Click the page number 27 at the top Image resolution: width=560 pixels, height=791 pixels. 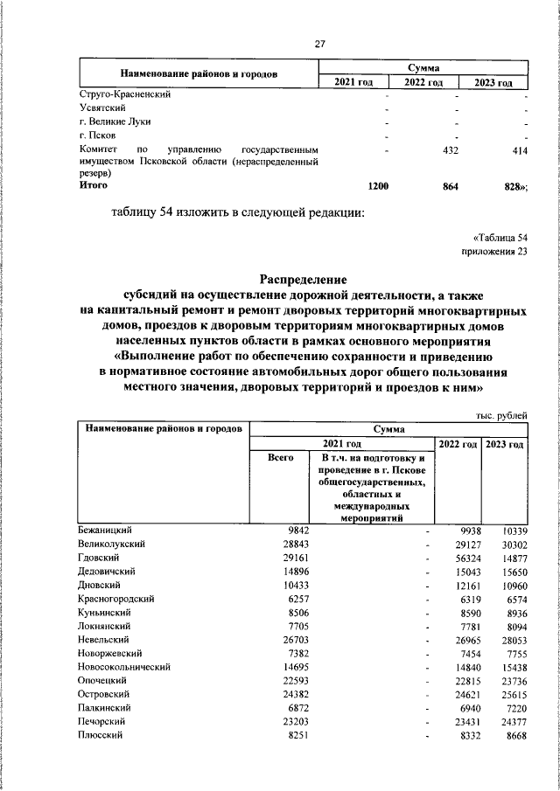(320, 45)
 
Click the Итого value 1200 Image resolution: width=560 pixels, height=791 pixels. (378, 186)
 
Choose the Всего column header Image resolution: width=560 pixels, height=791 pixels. (280, 458)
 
